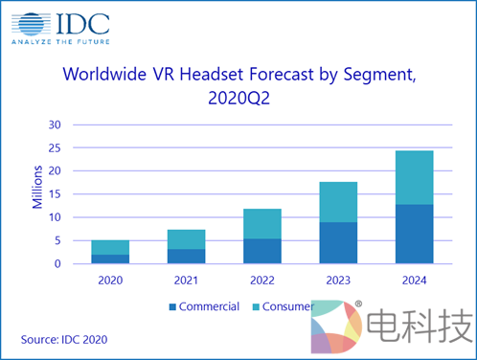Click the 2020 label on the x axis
110,281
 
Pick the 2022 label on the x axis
261,281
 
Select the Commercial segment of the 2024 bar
413,234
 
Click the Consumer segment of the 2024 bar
413,177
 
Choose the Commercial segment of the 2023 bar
337,242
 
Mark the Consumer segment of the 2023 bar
337,201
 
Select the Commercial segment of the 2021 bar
186,256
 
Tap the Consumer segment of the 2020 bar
110,247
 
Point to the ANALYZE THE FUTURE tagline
59,42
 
